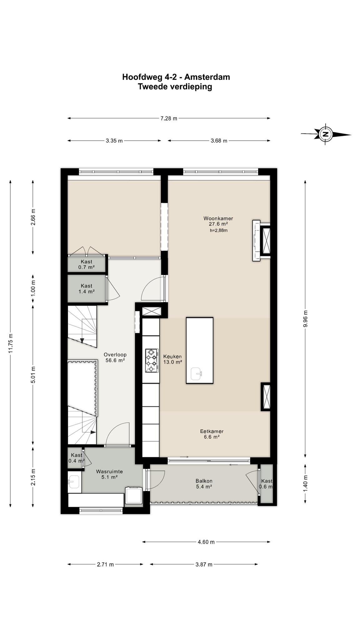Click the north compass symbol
(326, 134)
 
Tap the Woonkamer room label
(218, 218)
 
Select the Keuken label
(172, 357)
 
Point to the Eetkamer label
(212, 431)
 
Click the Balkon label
(204, 481)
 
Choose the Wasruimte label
(109, 472)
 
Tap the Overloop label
(115, 355)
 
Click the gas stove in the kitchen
(151, 361)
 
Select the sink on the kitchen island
(196, 374)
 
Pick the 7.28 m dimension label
(169, 118)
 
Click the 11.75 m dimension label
(11, 343)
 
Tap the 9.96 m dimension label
(306, 319)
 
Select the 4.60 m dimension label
(206, 542)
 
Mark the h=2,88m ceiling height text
(218, 231)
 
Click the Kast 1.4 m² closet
(86, 288)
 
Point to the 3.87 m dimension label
(204, 564)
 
